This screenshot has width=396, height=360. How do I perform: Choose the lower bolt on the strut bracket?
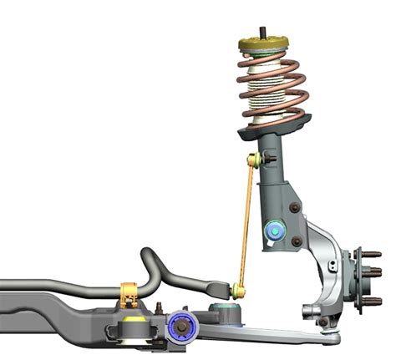click(297, 242)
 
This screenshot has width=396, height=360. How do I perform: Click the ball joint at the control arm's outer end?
click(324, 321)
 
